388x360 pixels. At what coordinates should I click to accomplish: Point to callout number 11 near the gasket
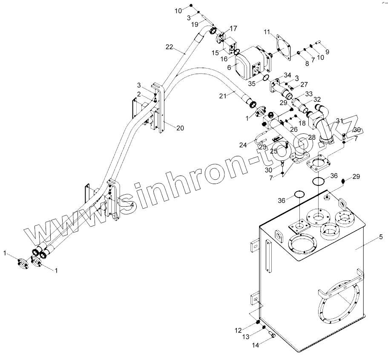(x=267, y=32)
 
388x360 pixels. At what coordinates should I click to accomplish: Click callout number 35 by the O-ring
(x=252, y=83)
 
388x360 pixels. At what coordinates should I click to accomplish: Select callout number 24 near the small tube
(x=243, y=145)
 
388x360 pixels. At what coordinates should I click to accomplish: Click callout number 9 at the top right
(x=328, y=52)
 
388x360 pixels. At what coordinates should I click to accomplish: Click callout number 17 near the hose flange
(x=234, y=29)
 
